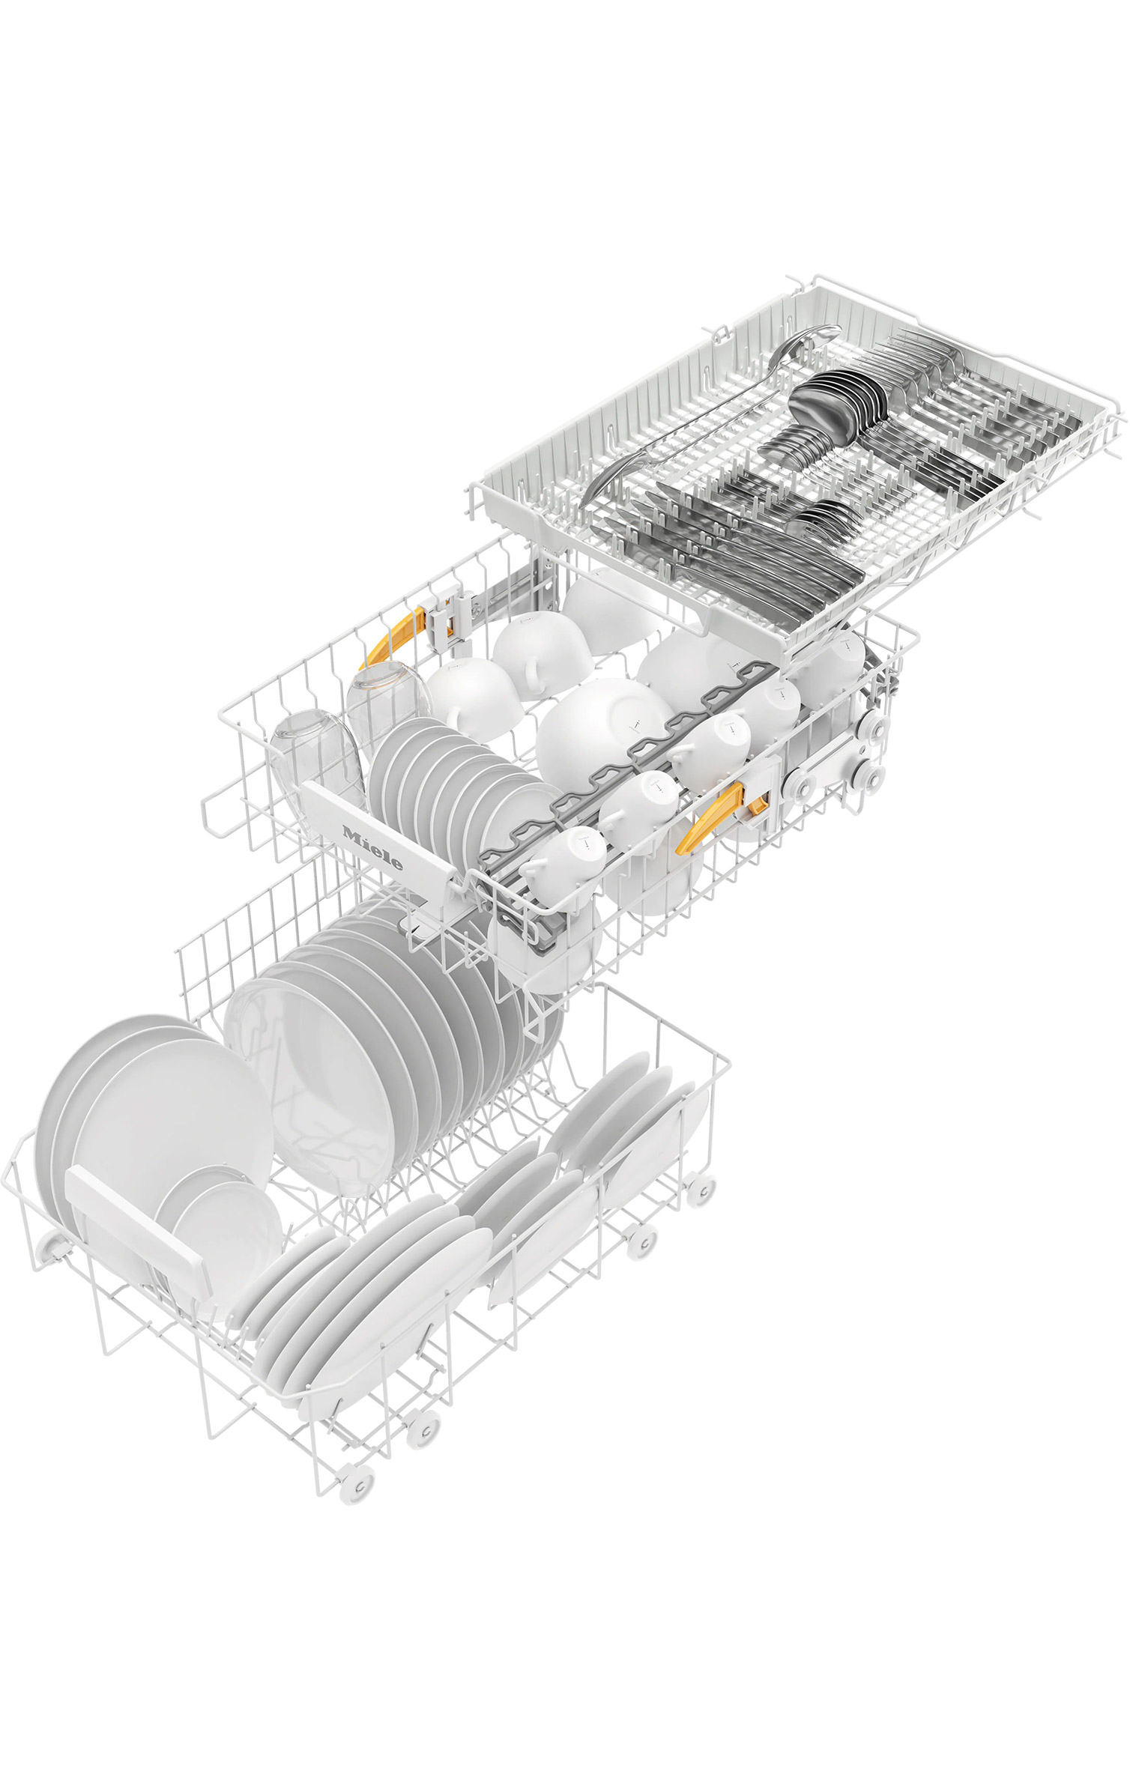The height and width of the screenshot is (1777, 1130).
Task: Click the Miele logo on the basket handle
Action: [x=372, y=847]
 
